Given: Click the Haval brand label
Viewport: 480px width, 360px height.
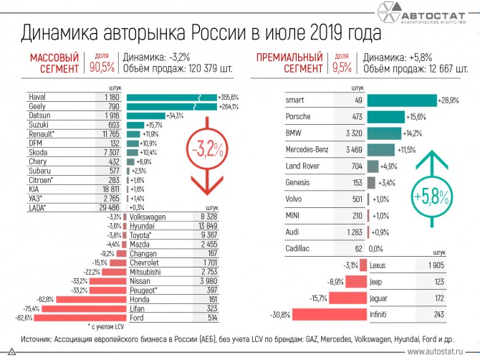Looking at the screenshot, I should (38, 97).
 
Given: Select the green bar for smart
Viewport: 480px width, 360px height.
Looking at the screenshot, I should (401, 100).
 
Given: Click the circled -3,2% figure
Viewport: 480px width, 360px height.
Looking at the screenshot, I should (206, 149).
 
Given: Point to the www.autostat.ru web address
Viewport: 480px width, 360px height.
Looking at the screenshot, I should (438, 352).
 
